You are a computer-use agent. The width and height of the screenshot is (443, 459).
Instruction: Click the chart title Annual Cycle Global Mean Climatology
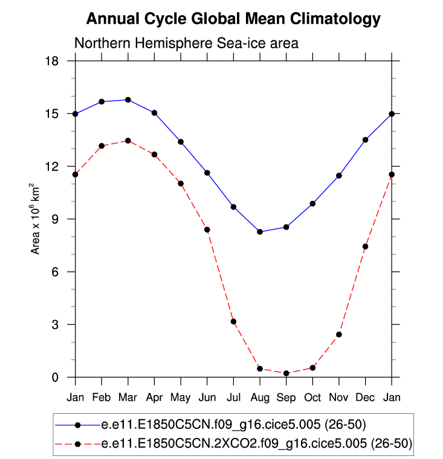tap(233, 19)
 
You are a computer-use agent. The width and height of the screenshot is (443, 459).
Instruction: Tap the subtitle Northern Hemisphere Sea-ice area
tap(186, 43)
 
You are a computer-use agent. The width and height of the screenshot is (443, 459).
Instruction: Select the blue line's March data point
tap(128, 100)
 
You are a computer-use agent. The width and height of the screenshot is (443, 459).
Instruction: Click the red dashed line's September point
tap(286, 373)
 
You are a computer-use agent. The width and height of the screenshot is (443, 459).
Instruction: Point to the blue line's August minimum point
tap(260, 232)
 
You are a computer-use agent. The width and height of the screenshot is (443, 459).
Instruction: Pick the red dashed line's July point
tap(233, 321)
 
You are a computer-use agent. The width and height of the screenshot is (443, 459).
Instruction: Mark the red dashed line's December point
tap(366, 247)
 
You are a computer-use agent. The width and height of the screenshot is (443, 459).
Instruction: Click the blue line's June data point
tap(207, 173)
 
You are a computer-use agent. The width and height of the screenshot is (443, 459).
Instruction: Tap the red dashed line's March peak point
tap(128, 141)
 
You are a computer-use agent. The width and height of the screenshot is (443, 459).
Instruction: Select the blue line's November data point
tap(339, 176)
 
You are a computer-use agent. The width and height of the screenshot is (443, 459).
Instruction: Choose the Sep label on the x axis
tap(286, 397)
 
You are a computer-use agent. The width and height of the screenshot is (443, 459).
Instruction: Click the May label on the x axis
tap(181, 398)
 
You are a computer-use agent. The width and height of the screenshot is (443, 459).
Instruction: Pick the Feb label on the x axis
tap(102, 397)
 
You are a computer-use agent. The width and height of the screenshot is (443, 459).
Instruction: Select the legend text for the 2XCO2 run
tap(256, 444)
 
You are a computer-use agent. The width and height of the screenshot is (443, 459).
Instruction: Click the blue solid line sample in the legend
tap(77, 425)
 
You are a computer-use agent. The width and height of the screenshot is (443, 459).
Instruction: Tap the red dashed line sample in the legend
tap(77, 444)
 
